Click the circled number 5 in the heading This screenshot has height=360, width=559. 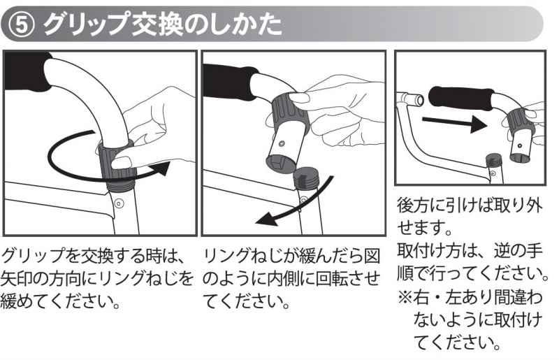click(21, 25)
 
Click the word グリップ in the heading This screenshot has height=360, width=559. click(85, 24)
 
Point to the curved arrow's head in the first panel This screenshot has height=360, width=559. click(161, 168)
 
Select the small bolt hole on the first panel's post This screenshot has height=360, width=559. click(119, 203)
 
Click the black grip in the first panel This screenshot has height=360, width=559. click(27, 71)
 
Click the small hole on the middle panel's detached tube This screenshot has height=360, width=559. click(282, 144)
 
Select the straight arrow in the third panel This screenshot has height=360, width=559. click(455, 122)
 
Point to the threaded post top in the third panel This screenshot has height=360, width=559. click(495, 160)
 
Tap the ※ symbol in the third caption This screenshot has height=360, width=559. click(405, 296)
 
